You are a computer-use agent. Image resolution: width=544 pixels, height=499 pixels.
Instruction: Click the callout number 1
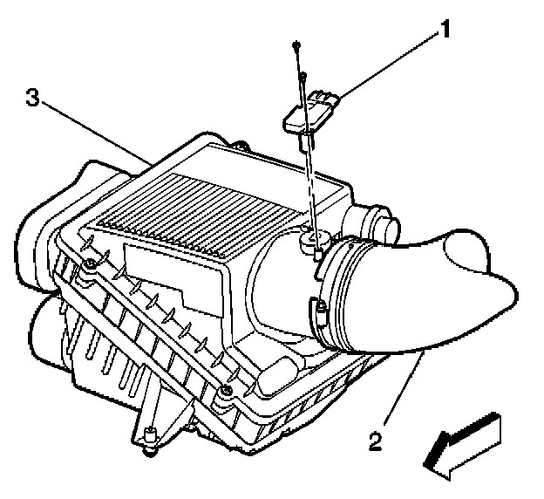point(445,31)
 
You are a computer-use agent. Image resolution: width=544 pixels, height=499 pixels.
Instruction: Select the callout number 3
point(32,99)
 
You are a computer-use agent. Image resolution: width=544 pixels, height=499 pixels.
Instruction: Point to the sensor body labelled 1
point(311,113)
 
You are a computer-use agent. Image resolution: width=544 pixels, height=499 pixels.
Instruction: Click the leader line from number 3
point(96,130)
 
